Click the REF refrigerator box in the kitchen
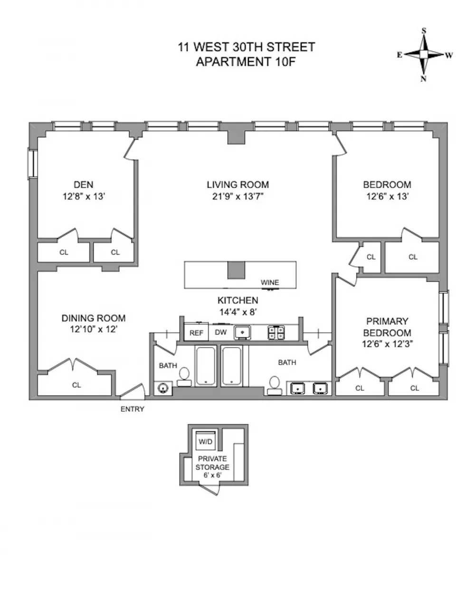196,332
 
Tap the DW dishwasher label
221,332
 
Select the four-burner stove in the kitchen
276,333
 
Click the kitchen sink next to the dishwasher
242,333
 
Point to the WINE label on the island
270,282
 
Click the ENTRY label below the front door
133,409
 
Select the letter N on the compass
423,79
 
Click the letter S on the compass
424,30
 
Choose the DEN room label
84,184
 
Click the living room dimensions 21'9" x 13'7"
238,196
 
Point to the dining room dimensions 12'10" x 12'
94,329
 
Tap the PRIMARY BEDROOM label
387,327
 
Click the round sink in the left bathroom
163,388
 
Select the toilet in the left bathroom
184,377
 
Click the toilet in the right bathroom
275,385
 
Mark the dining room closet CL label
76,385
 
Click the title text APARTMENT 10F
246,61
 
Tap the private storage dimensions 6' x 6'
212,475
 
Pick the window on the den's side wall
32,164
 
